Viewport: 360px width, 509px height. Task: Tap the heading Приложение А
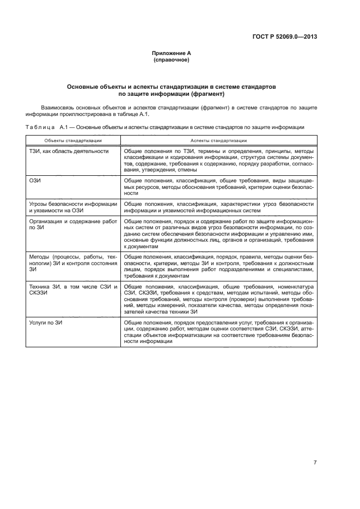172,53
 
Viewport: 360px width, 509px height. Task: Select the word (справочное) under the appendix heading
172,59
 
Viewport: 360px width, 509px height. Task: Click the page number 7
315,463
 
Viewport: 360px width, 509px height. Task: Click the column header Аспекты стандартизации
218,140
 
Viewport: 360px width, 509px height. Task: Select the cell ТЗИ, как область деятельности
68,151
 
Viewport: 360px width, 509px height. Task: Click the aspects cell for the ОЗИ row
218,186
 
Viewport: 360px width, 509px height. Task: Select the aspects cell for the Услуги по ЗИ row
218,332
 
